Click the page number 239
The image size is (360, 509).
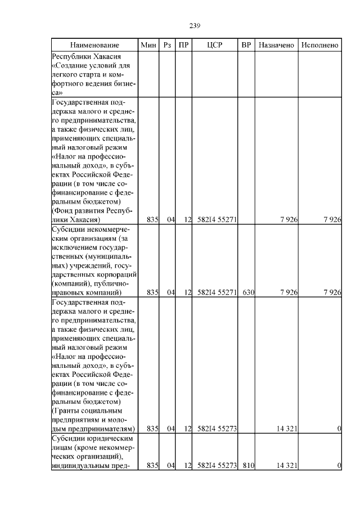(195, 26)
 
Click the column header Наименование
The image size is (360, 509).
(95, 45)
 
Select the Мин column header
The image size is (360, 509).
(148, 45)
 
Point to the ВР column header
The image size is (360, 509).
(246, 45)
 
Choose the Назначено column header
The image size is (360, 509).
(276, 45)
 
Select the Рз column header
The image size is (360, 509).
(166, 45)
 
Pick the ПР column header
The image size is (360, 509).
(183, 45)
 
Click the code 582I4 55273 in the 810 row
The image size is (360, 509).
(217, 466)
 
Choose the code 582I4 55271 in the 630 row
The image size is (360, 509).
(217, 292)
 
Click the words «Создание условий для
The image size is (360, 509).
(91, 65)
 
